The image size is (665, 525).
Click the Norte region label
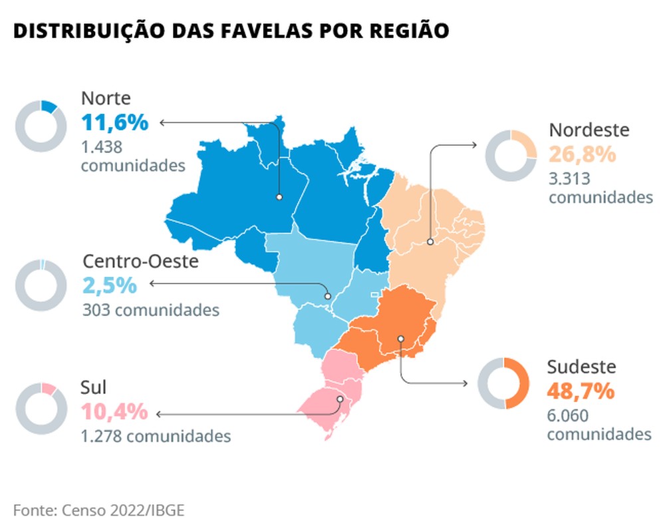[x=106, y=98]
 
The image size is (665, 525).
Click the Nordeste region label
[x=589, y=130]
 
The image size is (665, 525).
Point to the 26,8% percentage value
[x=583, y=154]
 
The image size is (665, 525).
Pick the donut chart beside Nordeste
[x=511, y=155]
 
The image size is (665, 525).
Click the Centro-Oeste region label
[x=140, y=261]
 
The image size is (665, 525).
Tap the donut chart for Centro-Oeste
[x=41, y=284]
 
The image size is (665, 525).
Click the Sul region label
[x=94, y=387]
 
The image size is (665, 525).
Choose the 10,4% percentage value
[x=114, y=412]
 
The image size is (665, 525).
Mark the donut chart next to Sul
[x=41, y=409]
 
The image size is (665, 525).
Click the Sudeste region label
[x=582, y=367]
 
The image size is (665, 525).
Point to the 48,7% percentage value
[x=581, y=391]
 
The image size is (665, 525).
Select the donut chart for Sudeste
[x=504, y=383]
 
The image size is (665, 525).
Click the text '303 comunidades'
[x=150, y=309]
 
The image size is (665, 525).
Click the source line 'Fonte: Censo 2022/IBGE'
[x=98, y=510]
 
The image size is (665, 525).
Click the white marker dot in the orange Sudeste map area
[x=400, y=339]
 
